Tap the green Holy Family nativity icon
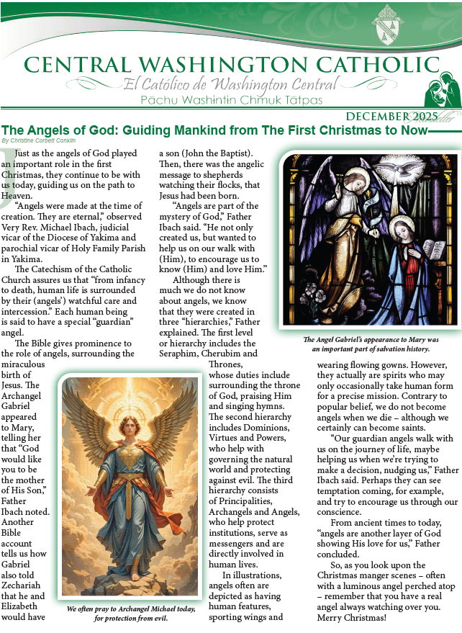(x=439, y=91)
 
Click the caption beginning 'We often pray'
(x=130, y=613)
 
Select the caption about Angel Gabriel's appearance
(x=370, y=344)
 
